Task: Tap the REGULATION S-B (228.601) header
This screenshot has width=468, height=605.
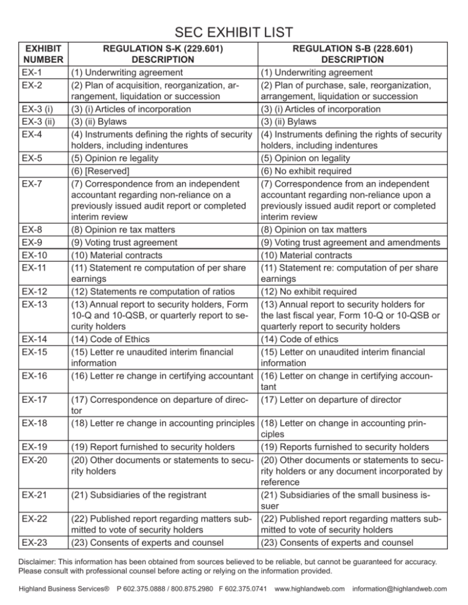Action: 352,53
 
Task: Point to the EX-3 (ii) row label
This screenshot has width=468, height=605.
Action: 38,122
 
